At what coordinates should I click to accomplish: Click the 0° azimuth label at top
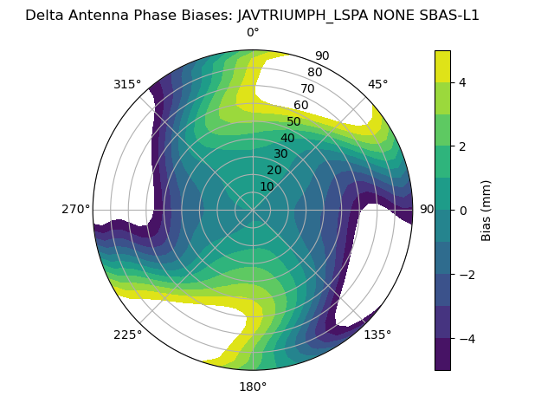[x=253, y=33]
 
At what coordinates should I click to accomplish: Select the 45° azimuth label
[x=377, y=84]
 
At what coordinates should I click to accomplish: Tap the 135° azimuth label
[x=377, y=335]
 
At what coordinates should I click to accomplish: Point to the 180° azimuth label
[x=253, y=387]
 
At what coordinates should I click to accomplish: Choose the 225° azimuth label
[x=127, y=335]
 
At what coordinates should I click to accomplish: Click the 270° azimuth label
[x=75, y=210]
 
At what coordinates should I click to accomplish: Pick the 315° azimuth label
[x=127, y=84]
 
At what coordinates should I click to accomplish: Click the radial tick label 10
[x=267, y=186]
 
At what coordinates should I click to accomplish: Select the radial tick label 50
[x=293, y=122]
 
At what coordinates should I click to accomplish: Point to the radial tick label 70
[x=307, y=89]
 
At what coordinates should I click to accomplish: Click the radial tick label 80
[x=314, y=73]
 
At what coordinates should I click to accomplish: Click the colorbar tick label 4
[x=461, y=82]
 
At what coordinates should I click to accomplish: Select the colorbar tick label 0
[x=461, y=210]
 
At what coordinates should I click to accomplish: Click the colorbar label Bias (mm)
[x=486, y=210]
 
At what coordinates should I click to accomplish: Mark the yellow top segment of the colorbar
[x=442, y=66]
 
